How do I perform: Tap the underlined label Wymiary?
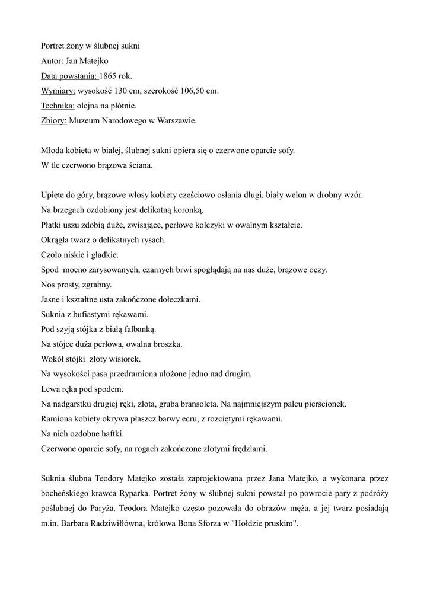(x=58, y=91)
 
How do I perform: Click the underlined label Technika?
(x=58, y=106)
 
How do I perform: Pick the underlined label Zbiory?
(x=53, y=120)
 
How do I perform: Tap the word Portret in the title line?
(x=53, y=46)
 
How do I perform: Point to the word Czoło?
(x=52, y=255)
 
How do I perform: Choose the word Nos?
(x=47, y=285)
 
